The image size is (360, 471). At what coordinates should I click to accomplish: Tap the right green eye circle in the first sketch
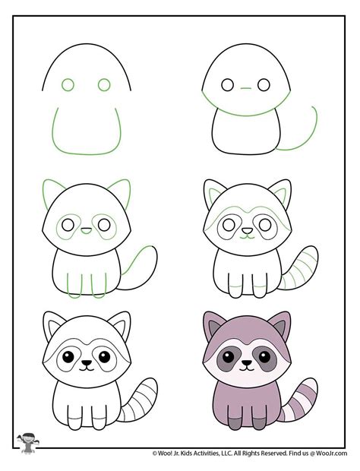point(105,85)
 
